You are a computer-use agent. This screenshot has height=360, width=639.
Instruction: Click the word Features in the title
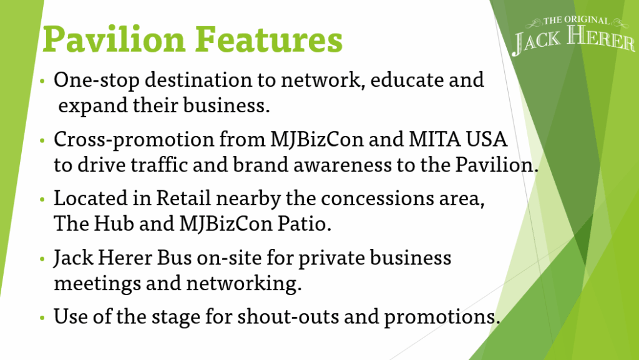(x=268, y=39)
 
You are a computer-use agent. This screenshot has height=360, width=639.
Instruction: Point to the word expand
(x=93, y=106)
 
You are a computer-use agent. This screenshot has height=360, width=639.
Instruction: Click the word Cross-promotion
(x=134, y=140)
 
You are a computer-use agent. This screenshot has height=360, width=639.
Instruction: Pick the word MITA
(x=434, y=139)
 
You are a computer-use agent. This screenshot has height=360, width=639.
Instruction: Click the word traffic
(x=159, y=165)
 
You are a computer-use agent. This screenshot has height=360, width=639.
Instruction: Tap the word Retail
(x=184, y=199)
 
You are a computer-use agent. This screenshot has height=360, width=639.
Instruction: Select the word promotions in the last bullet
(x=442, y=317)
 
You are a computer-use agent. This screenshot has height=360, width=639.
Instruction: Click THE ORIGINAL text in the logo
(x=576, y=21)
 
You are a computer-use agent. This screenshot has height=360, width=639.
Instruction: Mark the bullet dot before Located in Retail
(x=42, y=200)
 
